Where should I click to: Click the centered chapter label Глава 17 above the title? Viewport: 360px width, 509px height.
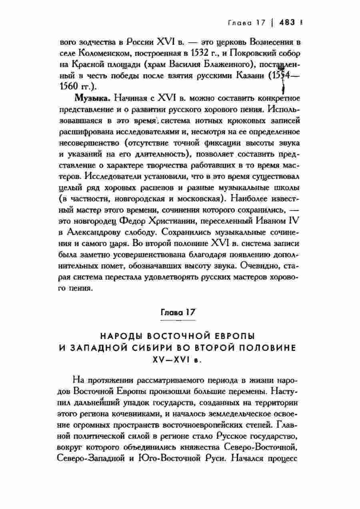(x=177, y=312)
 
